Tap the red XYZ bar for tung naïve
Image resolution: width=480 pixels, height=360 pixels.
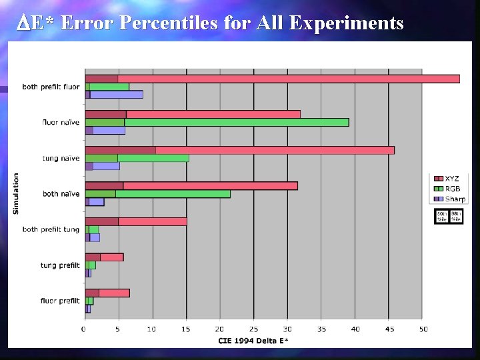240,150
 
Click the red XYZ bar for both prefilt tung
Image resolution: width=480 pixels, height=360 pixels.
136,221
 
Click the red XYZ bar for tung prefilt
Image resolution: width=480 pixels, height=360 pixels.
104,257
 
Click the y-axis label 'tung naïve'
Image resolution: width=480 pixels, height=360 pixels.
60,159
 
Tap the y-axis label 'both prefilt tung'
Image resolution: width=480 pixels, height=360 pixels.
51,230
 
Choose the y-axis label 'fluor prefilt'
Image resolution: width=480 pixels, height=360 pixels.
60,301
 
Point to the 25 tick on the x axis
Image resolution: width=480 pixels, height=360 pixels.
254,329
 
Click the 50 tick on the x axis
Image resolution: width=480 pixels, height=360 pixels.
423,329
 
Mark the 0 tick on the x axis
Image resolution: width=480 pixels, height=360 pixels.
85,329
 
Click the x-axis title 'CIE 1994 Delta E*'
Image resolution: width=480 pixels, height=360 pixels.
253,341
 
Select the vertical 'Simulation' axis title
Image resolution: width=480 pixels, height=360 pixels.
16,194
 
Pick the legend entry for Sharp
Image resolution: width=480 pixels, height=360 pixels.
451,199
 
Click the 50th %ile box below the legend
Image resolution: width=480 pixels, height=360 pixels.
442,217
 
